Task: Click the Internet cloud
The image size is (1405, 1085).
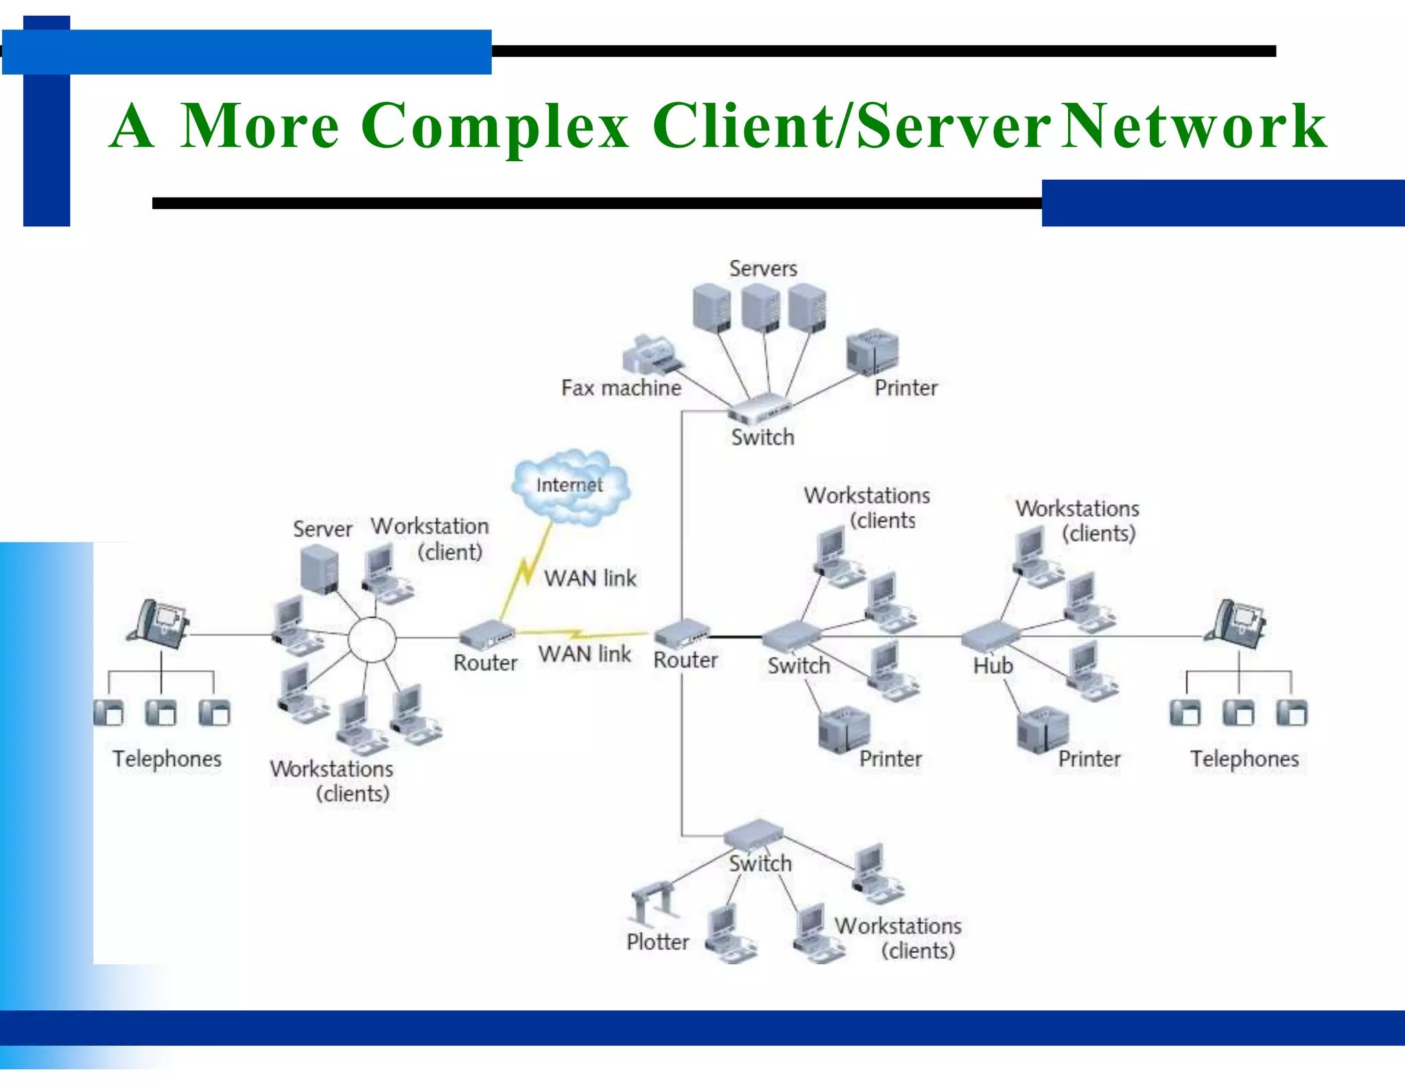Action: coord(570,487)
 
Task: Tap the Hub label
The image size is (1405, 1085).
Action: coord(993,665)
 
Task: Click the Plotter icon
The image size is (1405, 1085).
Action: coord(653,901)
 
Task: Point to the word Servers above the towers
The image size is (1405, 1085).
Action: coord(763,268)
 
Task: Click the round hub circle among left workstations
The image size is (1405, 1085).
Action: coord(371,639)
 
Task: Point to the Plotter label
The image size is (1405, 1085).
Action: coord(657,942)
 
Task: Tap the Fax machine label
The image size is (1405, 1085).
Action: coord(621,388)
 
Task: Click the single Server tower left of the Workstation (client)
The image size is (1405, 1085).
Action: coord(320,569)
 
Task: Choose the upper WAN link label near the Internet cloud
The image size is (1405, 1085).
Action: coord(590,578)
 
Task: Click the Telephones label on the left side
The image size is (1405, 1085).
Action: coord(167,759)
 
